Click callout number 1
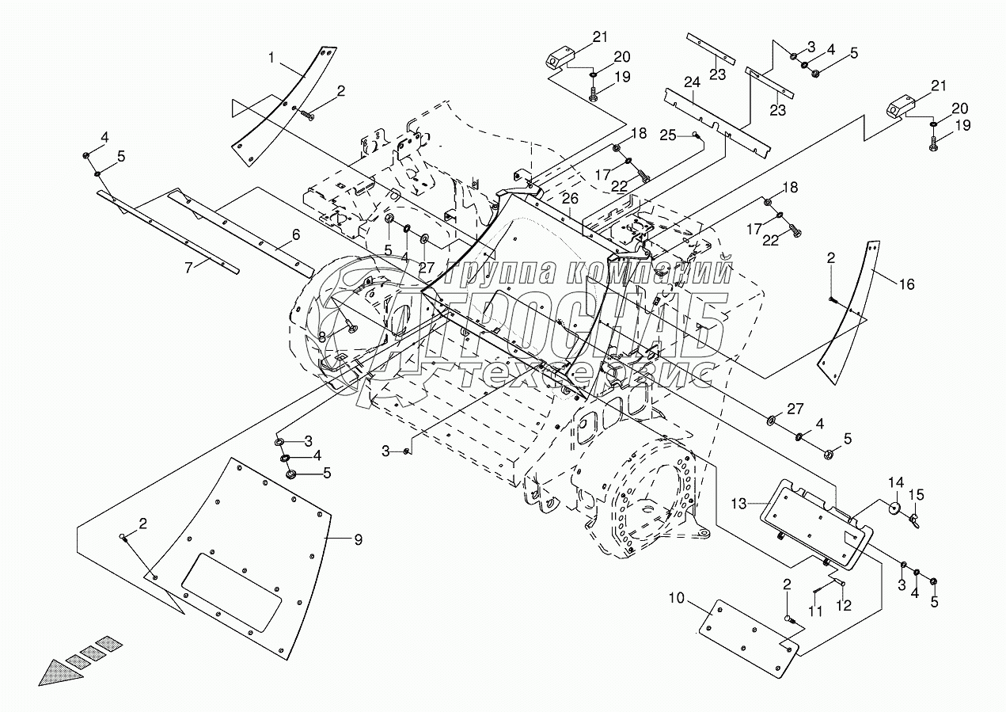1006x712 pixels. coord(271,58)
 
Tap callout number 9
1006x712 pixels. coord(358,541)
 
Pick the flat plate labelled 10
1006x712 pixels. coord(748,638)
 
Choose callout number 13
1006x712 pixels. coord(738,504)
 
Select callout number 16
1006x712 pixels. coord(906,284)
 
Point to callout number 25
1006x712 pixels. coord(669,135)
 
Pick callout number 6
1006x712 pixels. coord(295,234)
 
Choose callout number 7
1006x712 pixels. coord(188,267)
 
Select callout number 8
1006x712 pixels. coord(322,337)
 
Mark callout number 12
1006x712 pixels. coord(844,607)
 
